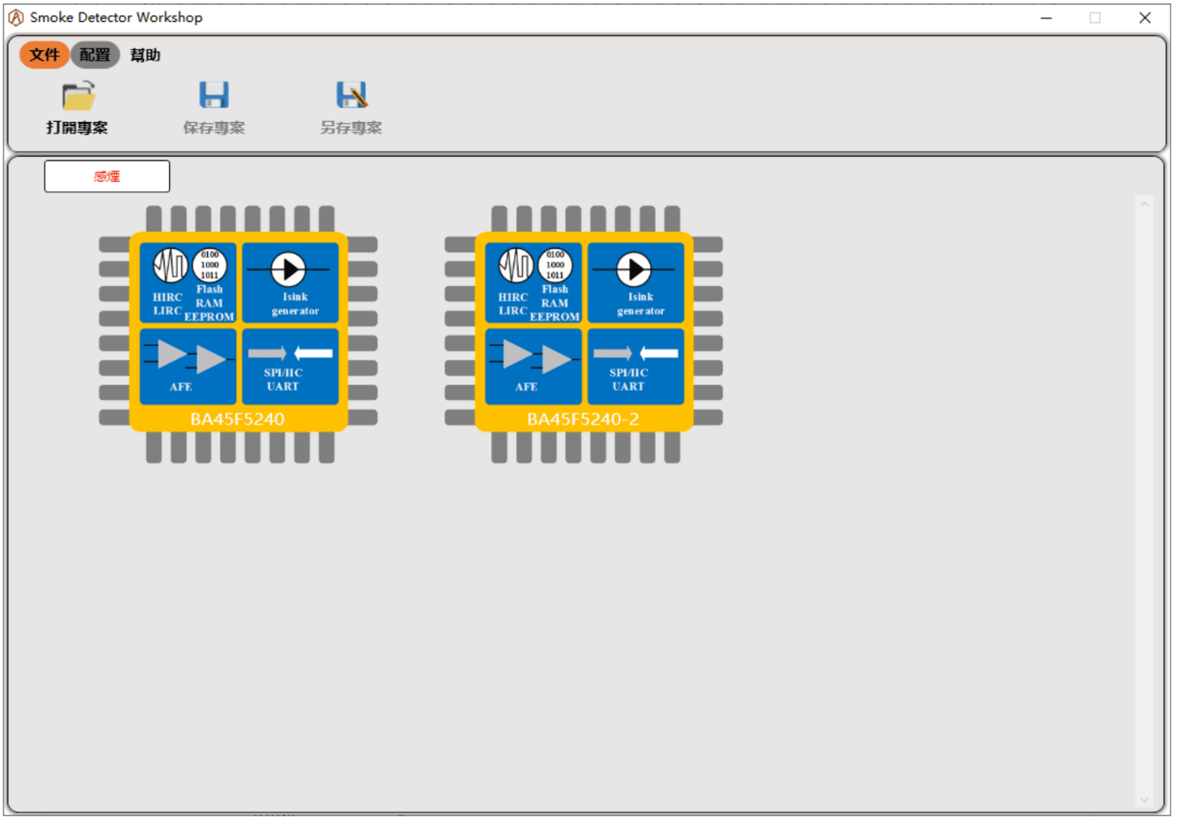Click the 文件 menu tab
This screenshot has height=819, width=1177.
click(x=44, y=55)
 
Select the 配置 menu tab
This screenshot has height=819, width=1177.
click(x=95, y=55)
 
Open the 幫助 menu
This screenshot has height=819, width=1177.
click(x=145, y=55)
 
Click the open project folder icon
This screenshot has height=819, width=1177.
click(x=78, y=96)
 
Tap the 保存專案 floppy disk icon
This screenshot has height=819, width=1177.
click(x=214, y=95)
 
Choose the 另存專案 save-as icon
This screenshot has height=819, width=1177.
click(x=352, y=95)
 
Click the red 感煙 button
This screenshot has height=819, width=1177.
click(x=107, y=176)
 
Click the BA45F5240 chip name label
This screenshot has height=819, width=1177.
click(x=237, y=419)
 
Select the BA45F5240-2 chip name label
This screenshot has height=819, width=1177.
click(x=583, y=419)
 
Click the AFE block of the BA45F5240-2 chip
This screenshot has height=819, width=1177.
click(x=533, y=367)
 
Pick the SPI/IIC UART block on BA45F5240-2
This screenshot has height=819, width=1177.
click(x=636, y=367)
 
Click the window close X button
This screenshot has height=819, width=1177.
click(x=1145, y=18)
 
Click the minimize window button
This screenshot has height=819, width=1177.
click(x=1046, y=18)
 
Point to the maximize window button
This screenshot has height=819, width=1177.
click(x=1095, y=18)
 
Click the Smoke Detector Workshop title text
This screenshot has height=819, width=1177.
click(x=116, y=17)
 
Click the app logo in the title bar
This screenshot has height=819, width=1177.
click(x=16, y=17)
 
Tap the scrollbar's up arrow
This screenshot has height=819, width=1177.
click(x=1144, y=204)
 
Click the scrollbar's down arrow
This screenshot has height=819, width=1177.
click(x=1144, y=800)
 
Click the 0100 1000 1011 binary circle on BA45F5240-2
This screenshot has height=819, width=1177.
click(x=555, y=265)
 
